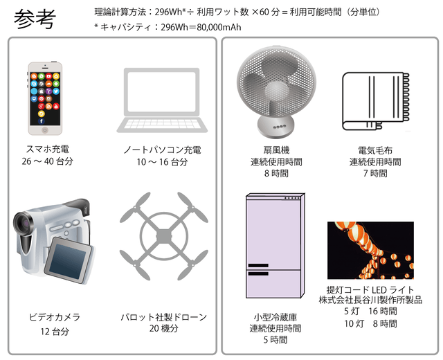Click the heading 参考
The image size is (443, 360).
coord(35,19)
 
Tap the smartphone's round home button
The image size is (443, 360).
coord(45,130)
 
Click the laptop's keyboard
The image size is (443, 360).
coord(162,125)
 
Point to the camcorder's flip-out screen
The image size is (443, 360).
coord(69,260)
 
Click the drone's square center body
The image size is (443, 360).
coord(164,235)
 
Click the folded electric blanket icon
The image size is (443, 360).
coord(376,101)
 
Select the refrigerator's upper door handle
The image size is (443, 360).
coord(258,265)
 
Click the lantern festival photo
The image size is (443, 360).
coord(370,250)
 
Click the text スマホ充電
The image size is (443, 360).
coord(48,149)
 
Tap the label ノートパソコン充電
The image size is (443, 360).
coord(162,150)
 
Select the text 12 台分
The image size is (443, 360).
coord(55,331)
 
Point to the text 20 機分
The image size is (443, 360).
coord(164,328)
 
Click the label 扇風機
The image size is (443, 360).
coord(277,150)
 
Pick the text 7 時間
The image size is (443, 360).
coord(375,173)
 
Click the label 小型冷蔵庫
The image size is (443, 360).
coord(275,317)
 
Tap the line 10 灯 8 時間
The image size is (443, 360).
coord(371,323)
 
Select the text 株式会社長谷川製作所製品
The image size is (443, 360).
coord(370,300)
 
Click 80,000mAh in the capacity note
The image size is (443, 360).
coord(219,27)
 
